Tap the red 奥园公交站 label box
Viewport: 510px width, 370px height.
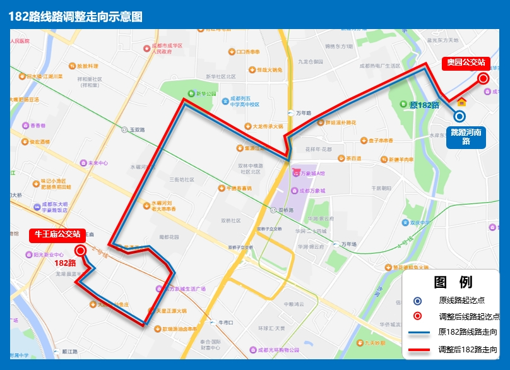[466, 63]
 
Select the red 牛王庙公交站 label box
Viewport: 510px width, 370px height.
[57, 234]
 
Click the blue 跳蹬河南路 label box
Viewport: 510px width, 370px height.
[466, 136]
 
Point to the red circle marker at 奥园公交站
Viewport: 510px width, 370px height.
[483, 78]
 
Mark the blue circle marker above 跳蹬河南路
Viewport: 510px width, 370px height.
[460, 116]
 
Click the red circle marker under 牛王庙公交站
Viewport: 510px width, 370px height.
[81, 250]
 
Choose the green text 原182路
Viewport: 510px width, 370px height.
[424, 105]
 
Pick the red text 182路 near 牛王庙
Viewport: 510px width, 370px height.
[65, 262]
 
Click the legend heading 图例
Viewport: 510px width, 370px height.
[453, 282]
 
